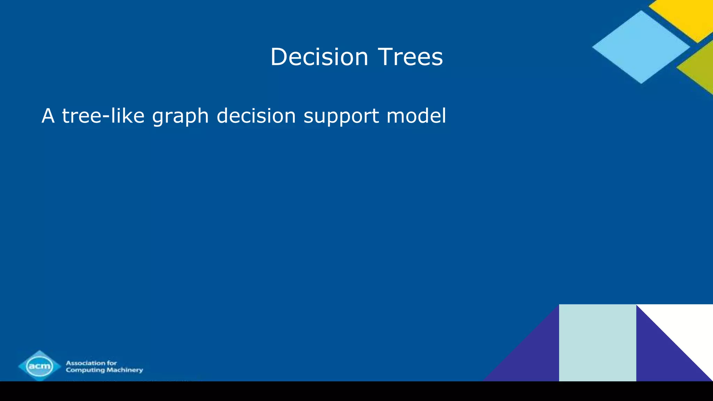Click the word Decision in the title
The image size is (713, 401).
pos(319,57)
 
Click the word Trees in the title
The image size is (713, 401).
pos(410,57)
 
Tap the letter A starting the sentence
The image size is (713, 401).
pos(48,116)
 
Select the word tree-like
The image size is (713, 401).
pos(103,116)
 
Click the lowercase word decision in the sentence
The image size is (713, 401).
pos(256,116)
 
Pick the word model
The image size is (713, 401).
pos(416,116)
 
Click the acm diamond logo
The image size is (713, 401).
pos(40,366)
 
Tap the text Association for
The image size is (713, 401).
pos(91,363)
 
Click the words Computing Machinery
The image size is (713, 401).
pos(104,370)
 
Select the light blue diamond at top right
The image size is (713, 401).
pos(641,47)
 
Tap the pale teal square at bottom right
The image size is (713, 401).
pos(597,343)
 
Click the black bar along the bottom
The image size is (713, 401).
pos(356,391)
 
